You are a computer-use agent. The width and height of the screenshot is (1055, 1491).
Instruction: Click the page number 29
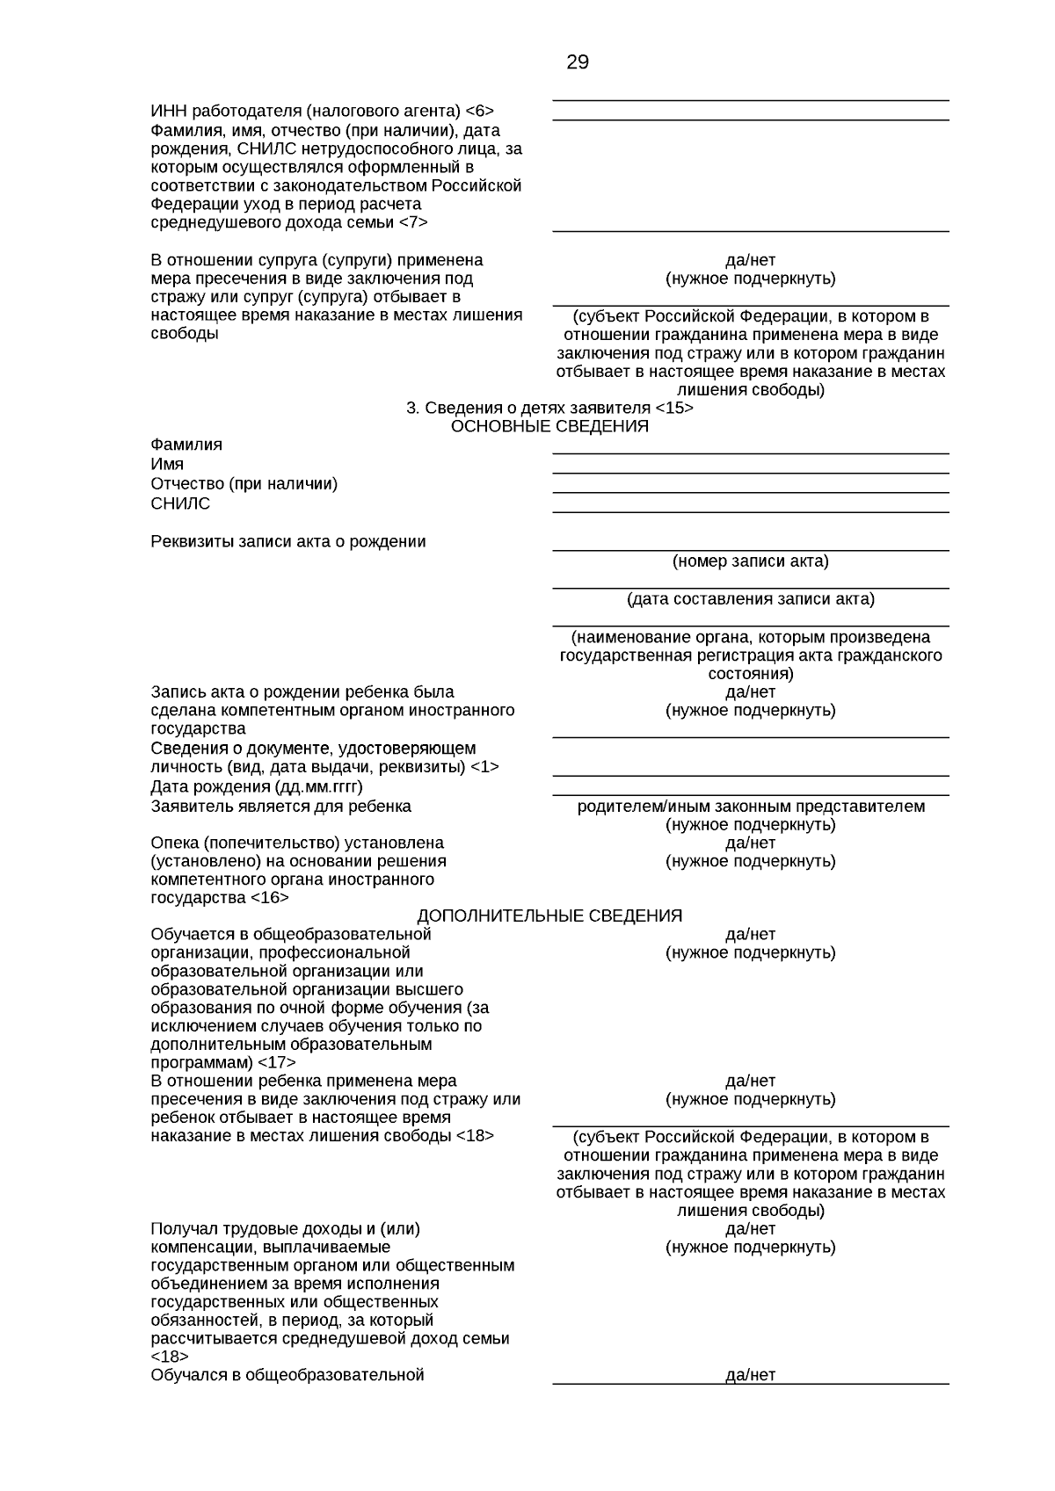point(578,62)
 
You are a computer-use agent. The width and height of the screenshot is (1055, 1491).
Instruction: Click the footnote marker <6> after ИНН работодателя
point(479,112)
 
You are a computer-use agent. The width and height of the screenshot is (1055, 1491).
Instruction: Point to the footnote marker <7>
point(413,223)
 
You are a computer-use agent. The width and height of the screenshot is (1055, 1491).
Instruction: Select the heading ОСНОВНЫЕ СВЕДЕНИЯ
point(549,427)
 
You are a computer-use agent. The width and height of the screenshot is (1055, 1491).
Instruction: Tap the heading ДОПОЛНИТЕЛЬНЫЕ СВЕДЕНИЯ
point(549,916)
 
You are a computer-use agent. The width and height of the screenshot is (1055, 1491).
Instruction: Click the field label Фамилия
point(186,445)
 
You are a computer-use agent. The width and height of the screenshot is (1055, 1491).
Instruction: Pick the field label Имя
point(167,465)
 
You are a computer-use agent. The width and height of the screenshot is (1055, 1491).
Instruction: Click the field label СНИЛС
point(180,504)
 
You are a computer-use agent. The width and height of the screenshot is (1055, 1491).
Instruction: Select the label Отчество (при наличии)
point(244,484)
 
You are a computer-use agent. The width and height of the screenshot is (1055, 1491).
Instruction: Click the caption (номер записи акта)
point(750,561)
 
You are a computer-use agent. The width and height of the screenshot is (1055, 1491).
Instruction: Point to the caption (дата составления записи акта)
point(750,599)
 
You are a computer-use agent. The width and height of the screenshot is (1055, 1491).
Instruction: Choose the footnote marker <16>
point(269,898)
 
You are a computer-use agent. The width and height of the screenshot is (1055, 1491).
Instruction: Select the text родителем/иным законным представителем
point(751,807)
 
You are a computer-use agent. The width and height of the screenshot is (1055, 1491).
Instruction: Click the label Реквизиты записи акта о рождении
point(288,542)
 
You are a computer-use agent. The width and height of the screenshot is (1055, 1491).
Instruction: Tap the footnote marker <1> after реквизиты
point(484,767)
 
